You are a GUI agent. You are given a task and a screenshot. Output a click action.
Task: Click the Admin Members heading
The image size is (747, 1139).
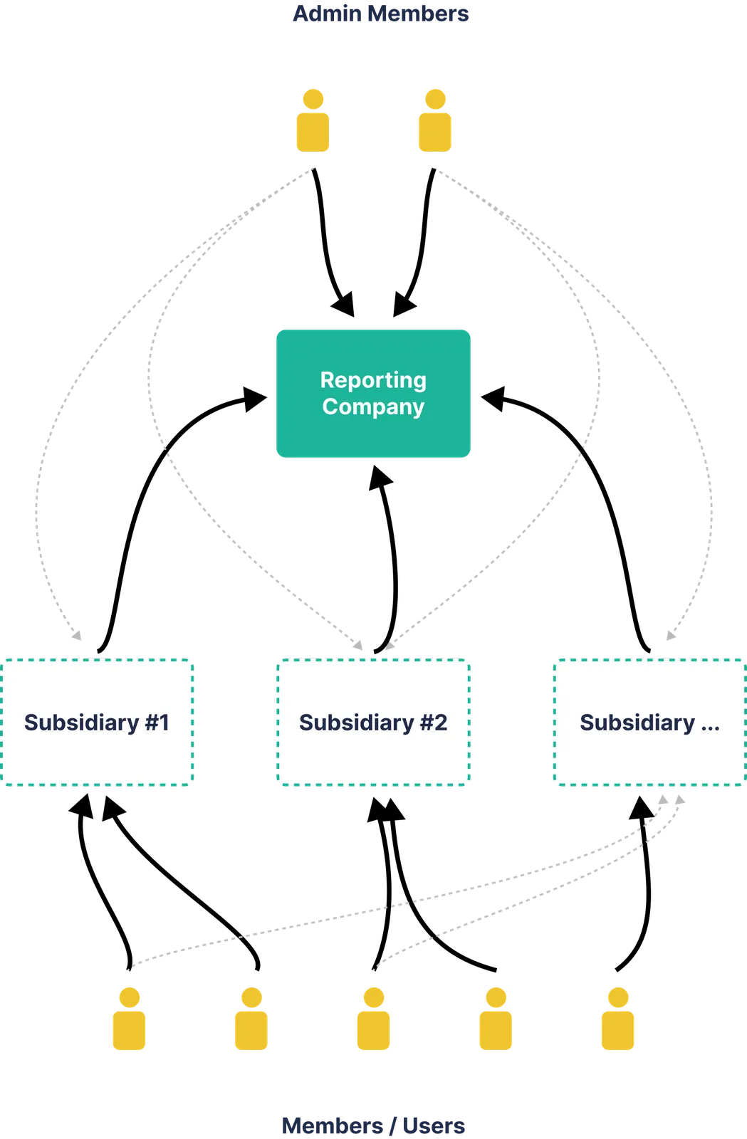pyautogui.click(x=380, y=14)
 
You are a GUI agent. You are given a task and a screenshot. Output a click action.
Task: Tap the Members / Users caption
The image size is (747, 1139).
pyautogui.click(x=373, y=1125)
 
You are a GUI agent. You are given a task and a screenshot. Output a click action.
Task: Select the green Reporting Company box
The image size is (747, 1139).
pyautogui.click(x=373, y=393)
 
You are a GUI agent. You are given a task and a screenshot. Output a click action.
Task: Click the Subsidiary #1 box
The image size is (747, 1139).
pyautogui.click(x=97, y=723)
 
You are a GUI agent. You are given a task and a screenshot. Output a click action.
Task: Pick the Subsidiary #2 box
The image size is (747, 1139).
pyautogui.click(x=373, y=723)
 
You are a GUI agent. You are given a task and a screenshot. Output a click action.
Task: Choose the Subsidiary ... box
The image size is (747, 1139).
pyautogui.click(x=650, y=723)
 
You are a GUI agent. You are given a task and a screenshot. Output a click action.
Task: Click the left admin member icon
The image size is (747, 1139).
pyautogui.click(x=313, y=120)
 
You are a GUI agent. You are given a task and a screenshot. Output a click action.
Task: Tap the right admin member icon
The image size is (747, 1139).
pyautogui.click(x=435, y=120)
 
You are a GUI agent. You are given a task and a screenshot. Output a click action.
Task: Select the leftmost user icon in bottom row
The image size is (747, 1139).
pyautogui.click(x=129, y=1019)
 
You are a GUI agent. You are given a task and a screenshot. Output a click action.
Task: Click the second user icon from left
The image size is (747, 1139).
pyautogui.click(x=251, y=1019)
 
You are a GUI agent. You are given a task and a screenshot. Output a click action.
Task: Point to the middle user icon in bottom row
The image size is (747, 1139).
pyautogui.click(x=374, y=1019)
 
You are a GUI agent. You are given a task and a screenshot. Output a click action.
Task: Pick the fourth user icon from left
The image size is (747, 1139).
pyautogui.click(x=496, y=1019)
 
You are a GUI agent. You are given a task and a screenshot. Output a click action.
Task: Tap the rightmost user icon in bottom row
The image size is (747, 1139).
pyautogui.click(x=618, y=1019)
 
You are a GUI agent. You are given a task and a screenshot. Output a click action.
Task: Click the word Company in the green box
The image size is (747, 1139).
pyautogui.click(x=373, y=407)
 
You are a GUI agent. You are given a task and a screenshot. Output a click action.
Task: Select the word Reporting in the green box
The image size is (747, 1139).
pyautogui.click(x=373, y=380)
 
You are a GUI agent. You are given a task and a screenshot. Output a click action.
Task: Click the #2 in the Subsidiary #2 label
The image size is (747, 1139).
pyautogui.click(x=433, y=723)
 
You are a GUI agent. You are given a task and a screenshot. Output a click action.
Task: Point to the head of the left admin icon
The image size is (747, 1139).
pyautogui.click(x=313, y=99)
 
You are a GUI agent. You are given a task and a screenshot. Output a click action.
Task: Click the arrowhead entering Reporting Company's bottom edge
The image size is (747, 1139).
pyautogui.click(x=380, y=477)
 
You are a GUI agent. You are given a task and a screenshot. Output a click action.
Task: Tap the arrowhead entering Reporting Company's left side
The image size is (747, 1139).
pyautogui.click(x=255, y=399)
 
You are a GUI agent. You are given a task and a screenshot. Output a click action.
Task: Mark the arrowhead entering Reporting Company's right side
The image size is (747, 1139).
pyautogui.click(x=493, y=399)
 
